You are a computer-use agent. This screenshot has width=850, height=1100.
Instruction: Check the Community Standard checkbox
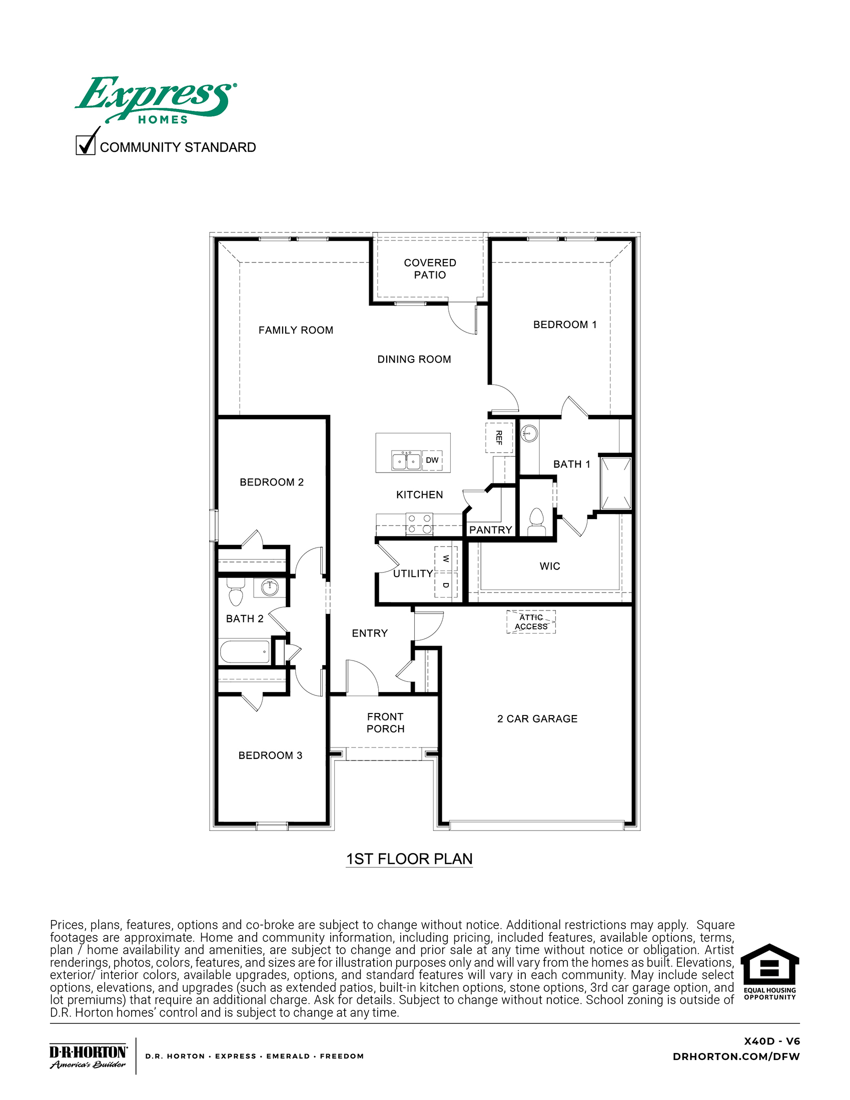pos(85,145)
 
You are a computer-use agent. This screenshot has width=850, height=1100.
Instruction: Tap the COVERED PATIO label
pos(430,268)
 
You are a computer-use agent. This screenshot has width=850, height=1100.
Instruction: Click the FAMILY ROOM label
pos(296,330)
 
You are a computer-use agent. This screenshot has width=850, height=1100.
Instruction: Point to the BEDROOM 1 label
pos(565,324)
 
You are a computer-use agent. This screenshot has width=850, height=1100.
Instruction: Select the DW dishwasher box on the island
pos(432,460)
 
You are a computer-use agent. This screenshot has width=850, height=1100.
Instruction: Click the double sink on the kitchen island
pos(406,460)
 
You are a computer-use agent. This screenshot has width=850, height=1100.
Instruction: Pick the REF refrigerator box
pos(499,437)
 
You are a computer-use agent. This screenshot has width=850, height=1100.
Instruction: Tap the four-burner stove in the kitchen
pos(419,523)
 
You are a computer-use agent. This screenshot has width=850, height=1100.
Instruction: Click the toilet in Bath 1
pos(536,522)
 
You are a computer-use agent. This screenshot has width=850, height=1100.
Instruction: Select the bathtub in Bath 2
pos(245,651)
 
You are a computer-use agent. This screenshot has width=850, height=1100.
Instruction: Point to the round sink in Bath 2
pos(270,587)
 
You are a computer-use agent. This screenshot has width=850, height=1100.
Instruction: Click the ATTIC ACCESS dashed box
pos(531,621)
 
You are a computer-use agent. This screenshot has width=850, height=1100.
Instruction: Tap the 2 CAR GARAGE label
pos(537,718)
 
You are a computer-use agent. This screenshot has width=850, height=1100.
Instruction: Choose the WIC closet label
pos(550,566)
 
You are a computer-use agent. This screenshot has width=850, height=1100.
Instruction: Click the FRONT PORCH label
pos(385,722)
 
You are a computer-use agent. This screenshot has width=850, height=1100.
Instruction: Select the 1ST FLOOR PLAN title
pos(409,858)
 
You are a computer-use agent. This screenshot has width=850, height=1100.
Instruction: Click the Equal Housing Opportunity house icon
pos(769,966)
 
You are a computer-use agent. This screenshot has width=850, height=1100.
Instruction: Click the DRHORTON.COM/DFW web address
pos(735,1056)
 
